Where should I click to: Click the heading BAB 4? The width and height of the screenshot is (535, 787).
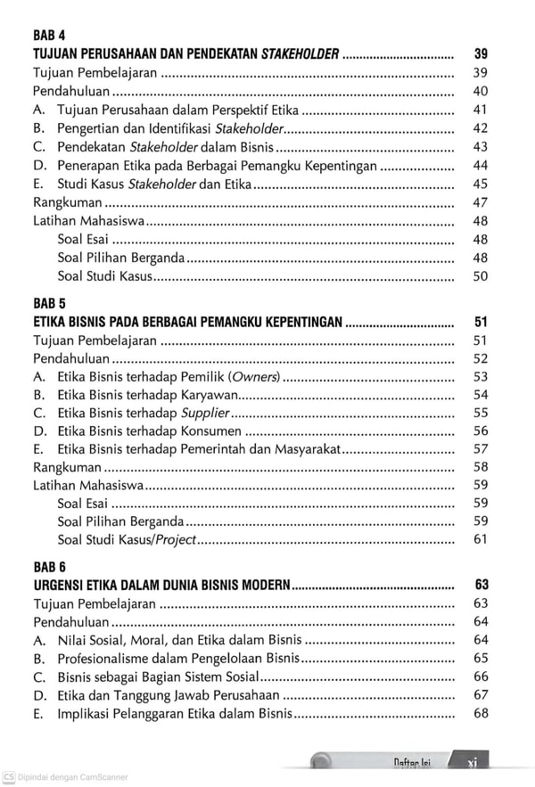coord(49,36)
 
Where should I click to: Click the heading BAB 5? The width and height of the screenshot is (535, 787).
coord(49,304)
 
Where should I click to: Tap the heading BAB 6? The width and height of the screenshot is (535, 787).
coord(49,567)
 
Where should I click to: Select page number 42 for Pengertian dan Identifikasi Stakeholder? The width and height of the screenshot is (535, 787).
coord(480,128)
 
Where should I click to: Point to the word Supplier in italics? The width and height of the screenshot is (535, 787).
coord(205,413)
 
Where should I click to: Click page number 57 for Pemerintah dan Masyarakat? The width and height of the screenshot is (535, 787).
coord(480,448)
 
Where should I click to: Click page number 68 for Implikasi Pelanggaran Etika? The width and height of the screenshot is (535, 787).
coord(481,713)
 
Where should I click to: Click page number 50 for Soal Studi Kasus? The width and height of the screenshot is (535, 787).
coord(480,276)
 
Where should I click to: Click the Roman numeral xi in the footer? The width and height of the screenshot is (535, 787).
coord(473,763)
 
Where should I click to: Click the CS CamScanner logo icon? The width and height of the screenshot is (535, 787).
coord(8,777)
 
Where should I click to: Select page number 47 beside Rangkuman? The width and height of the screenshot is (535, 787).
coord(480,202)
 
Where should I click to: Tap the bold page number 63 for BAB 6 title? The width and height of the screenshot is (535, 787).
coord(481,586)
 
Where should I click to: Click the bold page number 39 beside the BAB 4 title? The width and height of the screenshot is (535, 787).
coord(481,54)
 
